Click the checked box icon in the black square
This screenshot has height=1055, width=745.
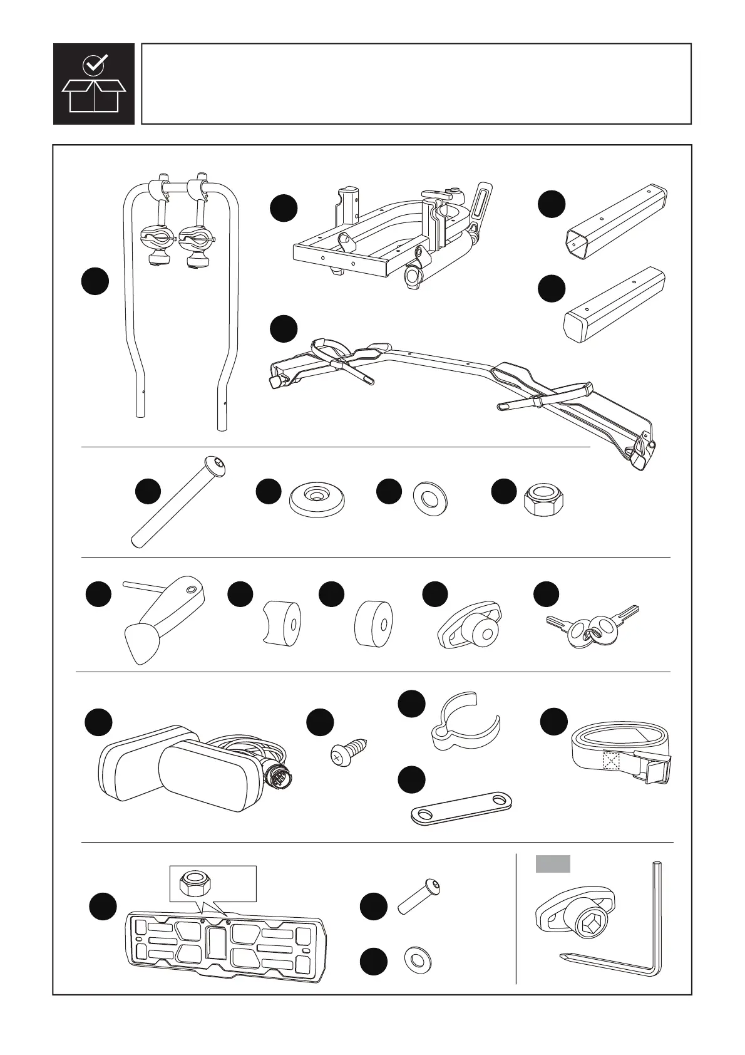point(94,84)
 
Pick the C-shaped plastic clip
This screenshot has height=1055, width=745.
point(466,720)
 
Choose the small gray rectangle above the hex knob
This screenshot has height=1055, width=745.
point(553,864)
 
